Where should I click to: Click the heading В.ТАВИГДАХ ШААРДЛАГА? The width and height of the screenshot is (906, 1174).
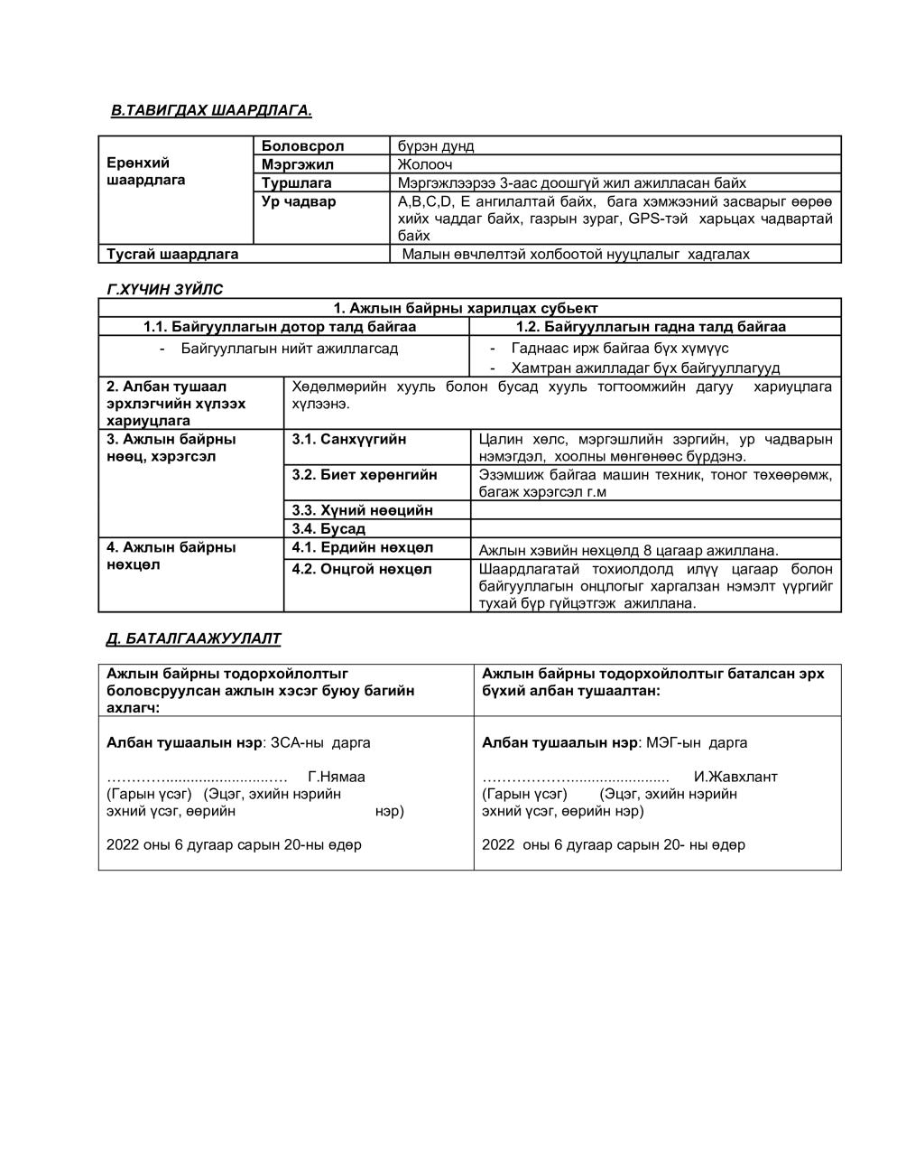click(x=211, y=110)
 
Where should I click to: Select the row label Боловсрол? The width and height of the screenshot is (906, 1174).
click(x=302, y=145)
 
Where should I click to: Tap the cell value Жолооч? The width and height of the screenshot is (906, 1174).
click(x=425, y=164)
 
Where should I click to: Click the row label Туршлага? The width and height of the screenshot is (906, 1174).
click(x=297, y=182)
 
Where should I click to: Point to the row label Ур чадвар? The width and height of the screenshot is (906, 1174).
click(x=299, y=201)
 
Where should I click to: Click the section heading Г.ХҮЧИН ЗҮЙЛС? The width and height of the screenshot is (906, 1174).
click(x=165, y=290)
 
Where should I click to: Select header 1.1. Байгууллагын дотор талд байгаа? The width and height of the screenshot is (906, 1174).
click(x=280, y=326)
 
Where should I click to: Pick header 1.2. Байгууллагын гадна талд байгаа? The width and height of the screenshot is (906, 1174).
click(x=651, y=326)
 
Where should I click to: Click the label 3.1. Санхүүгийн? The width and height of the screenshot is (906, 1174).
click(x=349, y=439)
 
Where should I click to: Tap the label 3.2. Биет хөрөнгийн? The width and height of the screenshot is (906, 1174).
click(x=365, y=474)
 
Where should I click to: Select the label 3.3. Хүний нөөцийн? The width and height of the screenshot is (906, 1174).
click(x=363, y=510)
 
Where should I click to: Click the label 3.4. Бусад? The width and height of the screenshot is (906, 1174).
click(x=328, y=528)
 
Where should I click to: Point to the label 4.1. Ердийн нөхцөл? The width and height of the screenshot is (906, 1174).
click(x=363, y=547)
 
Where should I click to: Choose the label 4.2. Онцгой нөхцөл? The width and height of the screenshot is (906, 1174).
click(x=362, y=569)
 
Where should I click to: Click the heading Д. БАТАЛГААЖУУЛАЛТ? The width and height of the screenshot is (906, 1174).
click(x=194, y=638)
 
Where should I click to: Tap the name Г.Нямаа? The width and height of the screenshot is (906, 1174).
click(x=337, y=777)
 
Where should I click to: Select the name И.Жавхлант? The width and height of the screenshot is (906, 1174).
click(x=735, y=777)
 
